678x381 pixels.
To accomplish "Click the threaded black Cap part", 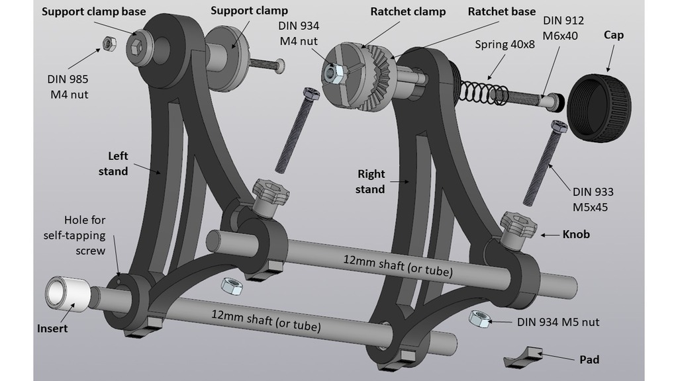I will pos(600,109).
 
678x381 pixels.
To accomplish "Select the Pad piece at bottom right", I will pos(523,358).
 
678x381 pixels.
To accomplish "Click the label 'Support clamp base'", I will pos(95,11).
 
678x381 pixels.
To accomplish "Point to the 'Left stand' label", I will pos(118,163).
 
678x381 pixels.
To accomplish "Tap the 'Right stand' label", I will pos(371,182).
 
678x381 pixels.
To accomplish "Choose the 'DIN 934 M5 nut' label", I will pos(558,322).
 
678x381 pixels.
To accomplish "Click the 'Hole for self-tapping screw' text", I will pos(74,235).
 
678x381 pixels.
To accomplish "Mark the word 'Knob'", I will pos(576,234).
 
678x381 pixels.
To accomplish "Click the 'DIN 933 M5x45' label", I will pos(593,199).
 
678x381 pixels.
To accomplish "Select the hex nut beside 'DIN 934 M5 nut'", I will pos(479,318).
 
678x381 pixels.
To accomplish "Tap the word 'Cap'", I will pos(614,34).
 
